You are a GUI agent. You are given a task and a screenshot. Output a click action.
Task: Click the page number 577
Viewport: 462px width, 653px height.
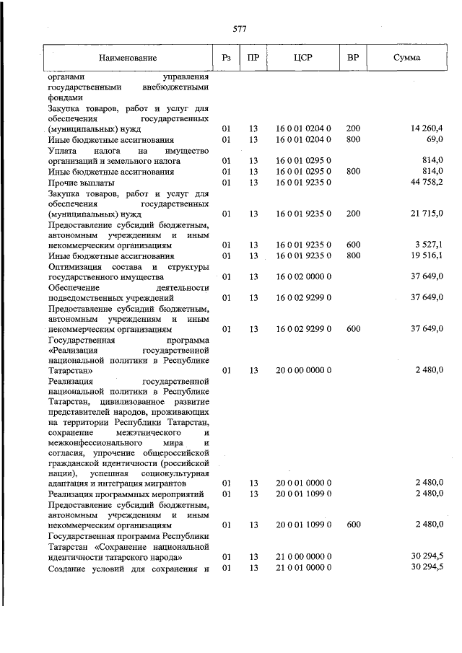coord(240,29)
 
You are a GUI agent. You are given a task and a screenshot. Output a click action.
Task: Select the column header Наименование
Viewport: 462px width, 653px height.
coord(128,57)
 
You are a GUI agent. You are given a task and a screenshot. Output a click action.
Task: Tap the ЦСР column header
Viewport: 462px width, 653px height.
coord(302,57)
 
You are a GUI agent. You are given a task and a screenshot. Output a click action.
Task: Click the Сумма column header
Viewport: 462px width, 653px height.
coord(408,57)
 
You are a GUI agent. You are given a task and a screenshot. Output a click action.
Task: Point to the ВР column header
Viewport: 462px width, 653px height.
coord(353,57)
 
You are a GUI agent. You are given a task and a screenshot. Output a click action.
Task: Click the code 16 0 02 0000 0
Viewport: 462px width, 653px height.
coord(303,276)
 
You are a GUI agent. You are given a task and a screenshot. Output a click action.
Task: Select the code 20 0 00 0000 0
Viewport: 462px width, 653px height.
coord(303,370)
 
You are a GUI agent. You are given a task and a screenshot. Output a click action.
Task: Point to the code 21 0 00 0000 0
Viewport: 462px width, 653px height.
coord(303,557)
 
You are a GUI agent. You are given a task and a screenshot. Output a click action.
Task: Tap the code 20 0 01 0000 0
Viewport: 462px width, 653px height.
coord(303,482)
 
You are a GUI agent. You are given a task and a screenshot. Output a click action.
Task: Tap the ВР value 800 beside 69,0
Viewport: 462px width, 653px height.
coord(353,139)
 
